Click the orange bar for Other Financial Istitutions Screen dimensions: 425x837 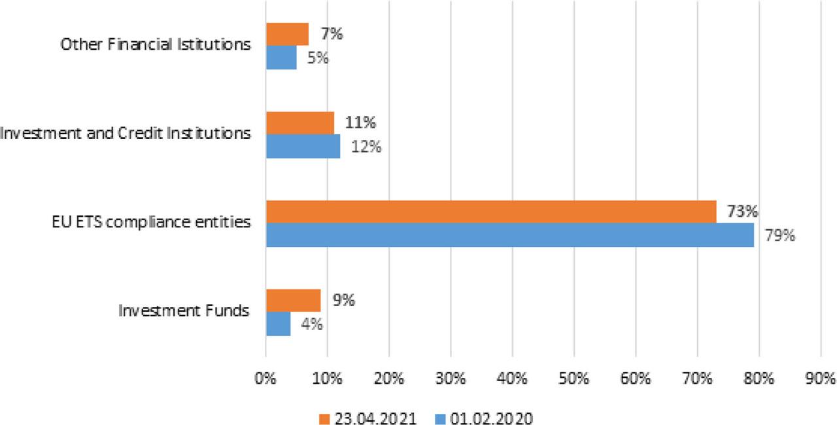click(x=287, y=34)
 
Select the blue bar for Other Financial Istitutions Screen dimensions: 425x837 click(x=281, y=58)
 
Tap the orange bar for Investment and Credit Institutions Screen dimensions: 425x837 click(x=300, y=122)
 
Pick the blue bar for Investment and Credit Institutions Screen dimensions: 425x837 click(x=303, y=146)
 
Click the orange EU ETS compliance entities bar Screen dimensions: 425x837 click(x=491, y=212)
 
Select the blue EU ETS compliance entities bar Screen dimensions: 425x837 click(x=509, y=235)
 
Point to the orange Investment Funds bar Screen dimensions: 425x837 click(x=293, y=301)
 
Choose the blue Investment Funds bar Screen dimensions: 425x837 click(x=278, y=324)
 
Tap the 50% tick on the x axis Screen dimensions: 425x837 click(x=573, y=378)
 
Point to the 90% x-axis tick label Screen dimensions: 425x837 click(x=821, y=378)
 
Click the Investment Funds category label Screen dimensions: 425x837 click(x=184, y=310)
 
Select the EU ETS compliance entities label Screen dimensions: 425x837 click(x=151, y=222)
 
